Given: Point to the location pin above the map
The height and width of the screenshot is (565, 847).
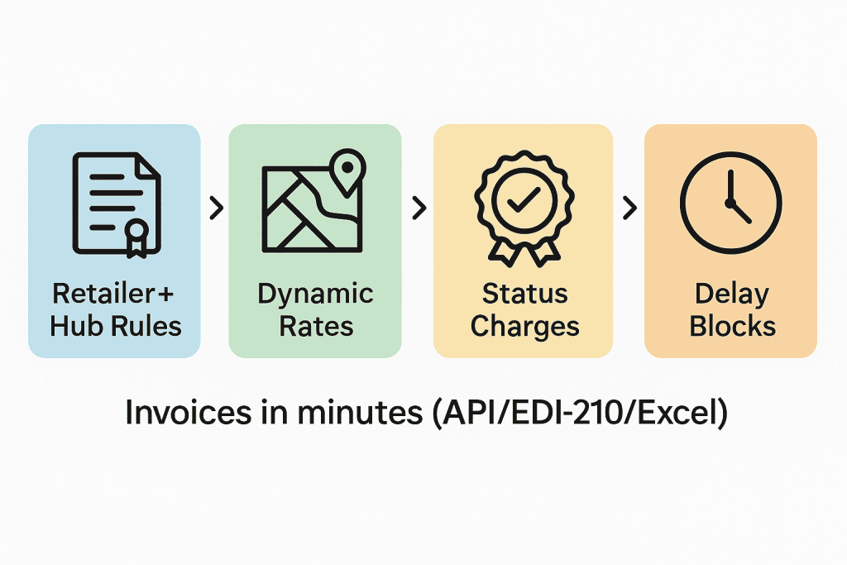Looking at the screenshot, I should point(347,167).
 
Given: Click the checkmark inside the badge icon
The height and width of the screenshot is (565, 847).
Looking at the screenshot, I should point(522,199).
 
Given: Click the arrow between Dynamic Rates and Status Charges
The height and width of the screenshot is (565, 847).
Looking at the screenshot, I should point(419,208).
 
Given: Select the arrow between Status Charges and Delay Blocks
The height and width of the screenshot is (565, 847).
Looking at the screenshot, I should point(630,208).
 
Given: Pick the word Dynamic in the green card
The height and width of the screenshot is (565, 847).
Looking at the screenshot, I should point(315,294).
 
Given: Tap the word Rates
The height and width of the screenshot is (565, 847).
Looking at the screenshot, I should point(315,326).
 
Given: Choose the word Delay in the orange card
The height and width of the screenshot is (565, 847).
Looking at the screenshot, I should point(731,294).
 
